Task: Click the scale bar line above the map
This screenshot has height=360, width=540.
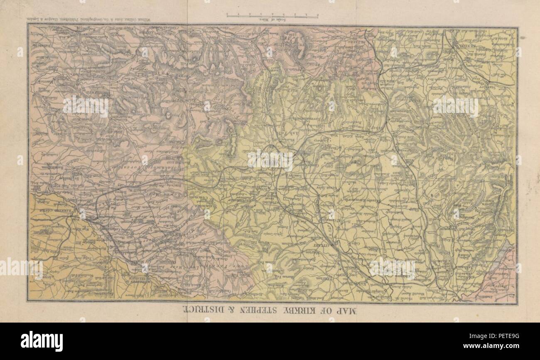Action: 272,15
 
